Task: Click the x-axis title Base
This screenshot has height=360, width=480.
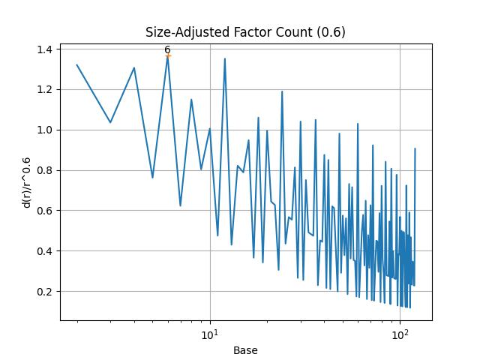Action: coord(245,350)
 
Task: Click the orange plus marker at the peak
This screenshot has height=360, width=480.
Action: coord(167,55)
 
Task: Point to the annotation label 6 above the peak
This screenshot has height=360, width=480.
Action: coord(167,49)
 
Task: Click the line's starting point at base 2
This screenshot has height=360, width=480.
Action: coord(77,64)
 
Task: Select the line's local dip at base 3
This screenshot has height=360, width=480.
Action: coord(110,122)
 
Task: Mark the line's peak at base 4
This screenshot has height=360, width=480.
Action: coord(134,67)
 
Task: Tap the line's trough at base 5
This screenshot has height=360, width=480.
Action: coord(152,178)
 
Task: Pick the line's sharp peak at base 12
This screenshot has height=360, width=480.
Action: coord(224,58)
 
